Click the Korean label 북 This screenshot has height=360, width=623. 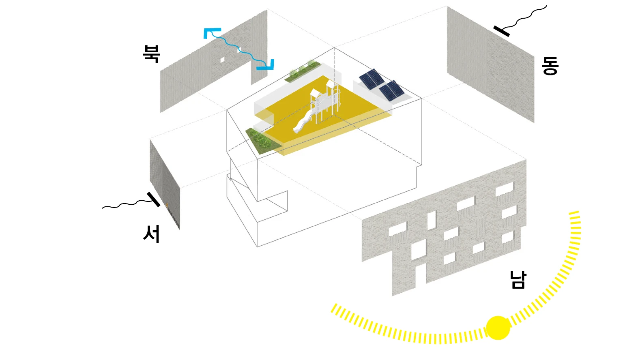coord(152,54)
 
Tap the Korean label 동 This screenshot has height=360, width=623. coord(550,66)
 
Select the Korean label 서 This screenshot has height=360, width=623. coord(151,234)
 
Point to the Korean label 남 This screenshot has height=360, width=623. coord(518,280)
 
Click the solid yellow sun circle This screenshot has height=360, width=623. coord(498,328)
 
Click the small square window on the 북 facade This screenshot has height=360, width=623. coord(222,60)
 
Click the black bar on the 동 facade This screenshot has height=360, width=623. coord(502,31)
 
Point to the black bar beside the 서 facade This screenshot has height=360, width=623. coord(154,199)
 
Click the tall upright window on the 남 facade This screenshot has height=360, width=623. coord(432,219)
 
